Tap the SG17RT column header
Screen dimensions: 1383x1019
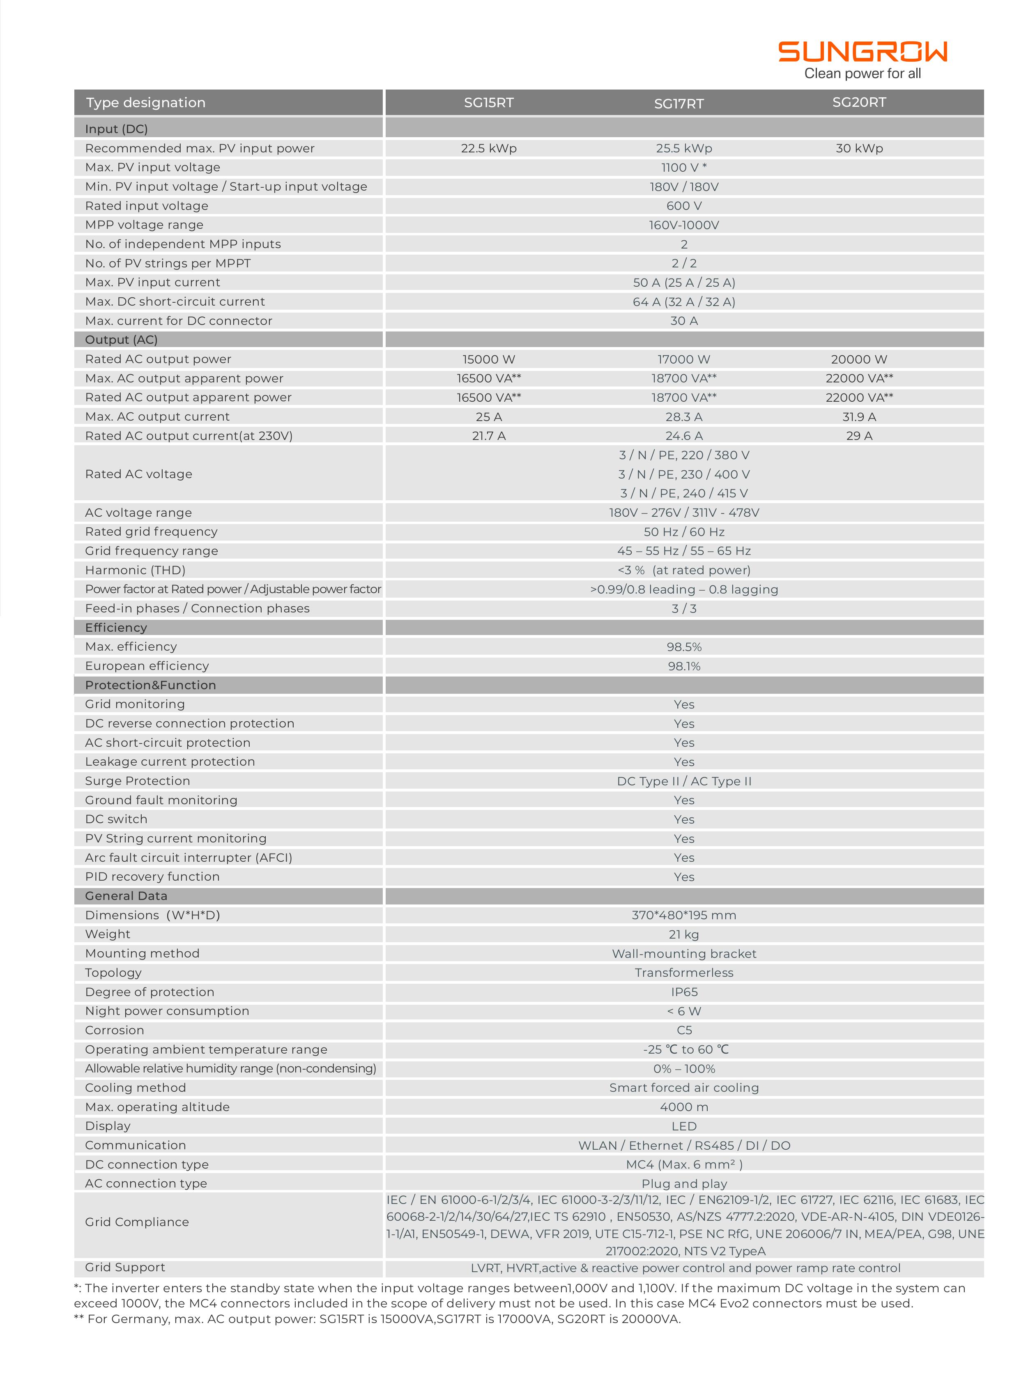tap(679, 104)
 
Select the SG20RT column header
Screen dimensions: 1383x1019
tap(859, 102)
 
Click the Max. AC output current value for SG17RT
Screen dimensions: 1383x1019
tap(683, 417)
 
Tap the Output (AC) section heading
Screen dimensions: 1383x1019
tap(121, 340)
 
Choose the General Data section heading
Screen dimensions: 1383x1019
tap(126, 896)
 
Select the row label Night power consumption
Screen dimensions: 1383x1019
tap(167, 1011)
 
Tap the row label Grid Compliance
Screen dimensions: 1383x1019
tap(137, 1222)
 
